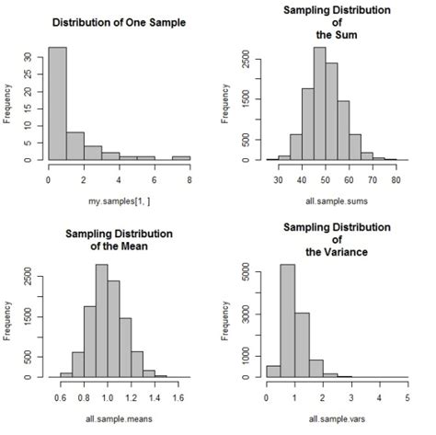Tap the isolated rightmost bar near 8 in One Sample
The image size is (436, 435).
point(182,157)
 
